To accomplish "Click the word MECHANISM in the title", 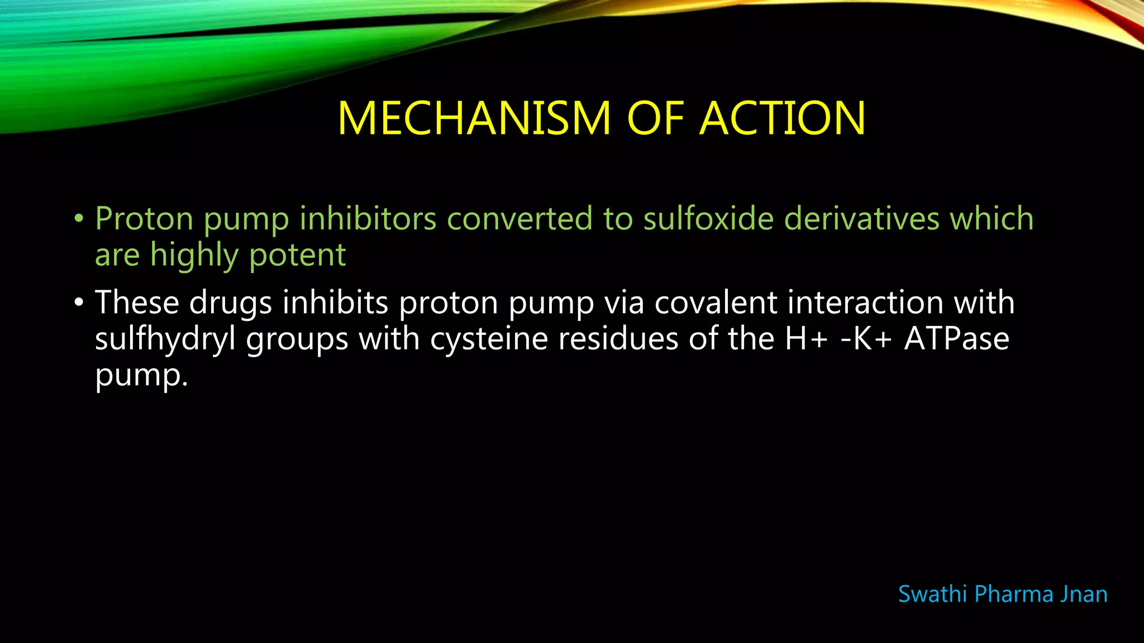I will [x=474, y=118].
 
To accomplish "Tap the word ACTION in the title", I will [x=783, y=118].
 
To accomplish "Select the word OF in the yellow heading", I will [x=656, y=118].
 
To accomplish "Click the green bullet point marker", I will [x=79, y=218].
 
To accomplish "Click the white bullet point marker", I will [x=79, y=303].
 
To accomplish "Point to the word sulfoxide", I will [x=708, y=218].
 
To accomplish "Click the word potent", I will [x=297, y=255].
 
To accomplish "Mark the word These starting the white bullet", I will [x=137, y=303].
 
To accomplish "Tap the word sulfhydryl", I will [x=165, y=339].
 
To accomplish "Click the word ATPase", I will [x=956, y=339].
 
